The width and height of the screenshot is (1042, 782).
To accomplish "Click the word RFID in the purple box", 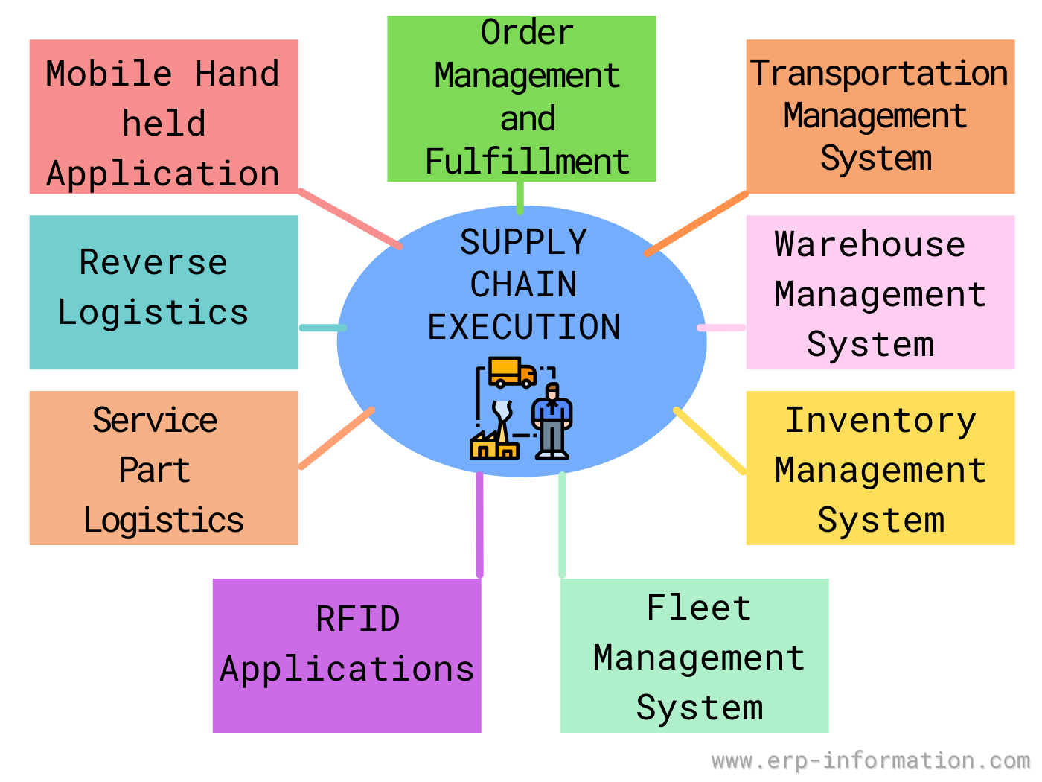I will click(357, 620).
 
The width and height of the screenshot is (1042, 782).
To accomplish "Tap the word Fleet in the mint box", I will click(698, 608).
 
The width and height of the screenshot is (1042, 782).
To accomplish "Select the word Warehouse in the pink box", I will click(869, 244).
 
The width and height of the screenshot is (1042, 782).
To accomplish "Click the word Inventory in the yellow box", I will click(880, 421).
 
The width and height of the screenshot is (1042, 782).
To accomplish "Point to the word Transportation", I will click(879, 73).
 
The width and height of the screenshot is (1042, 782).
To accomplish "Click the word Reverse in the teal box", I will click(153, 262).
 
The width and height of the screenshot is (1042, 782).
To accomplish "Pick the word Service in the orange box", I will click(155, 421).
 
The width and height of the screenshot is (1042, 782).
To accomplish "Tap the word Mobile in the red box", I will click(109, 74).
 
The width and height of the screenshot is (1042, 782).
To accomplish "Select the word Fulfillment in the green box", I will click(527, 162).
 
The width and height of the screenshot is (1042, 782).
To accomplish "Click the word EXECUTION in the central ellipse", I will click(523, 327).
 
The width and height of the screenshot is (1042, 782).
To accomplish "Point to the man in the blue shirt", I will click(552, 421).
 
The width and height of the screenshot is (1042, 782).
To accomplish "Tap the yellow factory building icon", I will click(493, 444).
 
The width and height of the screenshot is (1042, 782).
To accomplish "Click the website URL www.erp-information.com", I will click(870, 760).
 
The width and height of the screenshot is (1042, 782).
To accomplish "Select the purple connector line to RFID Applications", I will click(479, 525).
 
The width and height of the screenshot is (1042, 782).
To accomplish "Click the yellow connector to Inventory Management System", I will click(709, 440).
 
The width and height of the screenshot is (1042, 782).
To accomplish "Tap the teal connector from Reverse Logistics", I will click(322, 328).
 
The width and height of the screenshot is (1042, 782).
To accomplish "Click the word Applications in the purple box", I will click(347, 670).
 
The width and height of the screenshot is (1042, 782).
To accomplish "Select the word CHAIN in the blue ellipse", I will click(523, 284).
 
